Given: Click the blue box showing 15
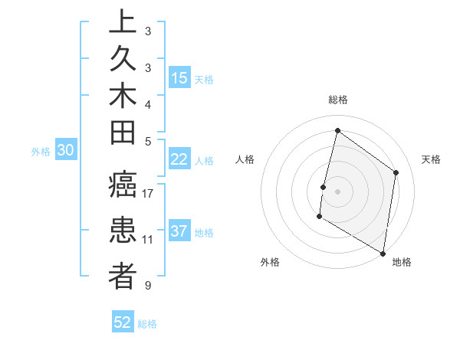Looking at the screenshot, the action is click(179, 78).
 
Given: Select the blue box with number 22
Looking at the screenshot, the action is click(179, 159).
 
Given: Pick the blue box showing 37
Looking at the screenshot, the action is click(179, 231).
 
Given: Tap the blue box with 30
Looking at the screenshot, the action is click(66, 151).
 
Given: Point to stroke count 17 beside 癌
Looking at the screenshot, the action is click(148, 194).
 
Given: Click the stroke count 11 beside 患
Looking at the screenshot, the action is click(148, 240).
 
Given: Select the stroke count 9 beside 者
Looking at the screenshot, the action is click(148, 286).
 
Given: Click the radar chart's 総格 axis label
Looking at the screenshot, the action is click(337, 100).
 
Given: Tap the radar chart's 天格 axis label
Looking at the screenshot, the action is click(431, 159).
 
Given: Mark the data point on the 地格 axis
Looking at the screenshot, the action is click(383, 252).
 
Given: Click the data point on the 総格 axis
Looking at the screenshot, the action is click(337, 131).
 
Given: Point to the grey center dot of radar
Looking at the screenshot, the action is click(337, 191).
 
